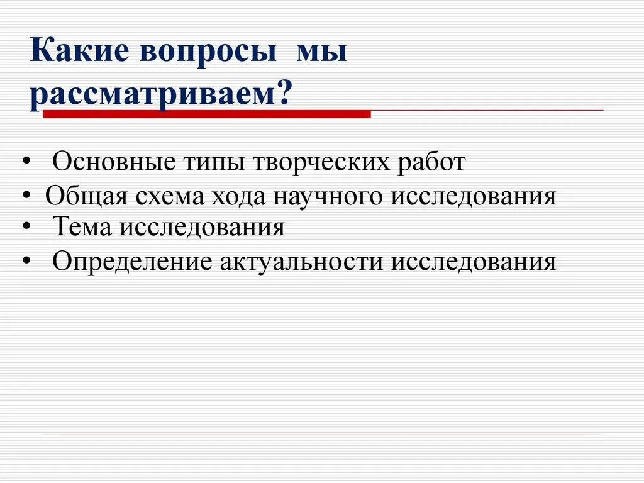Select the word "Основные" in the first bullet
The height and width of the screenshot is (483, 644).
[114, 162]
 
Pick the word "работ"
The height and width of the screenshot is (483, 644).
[431, 162]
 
